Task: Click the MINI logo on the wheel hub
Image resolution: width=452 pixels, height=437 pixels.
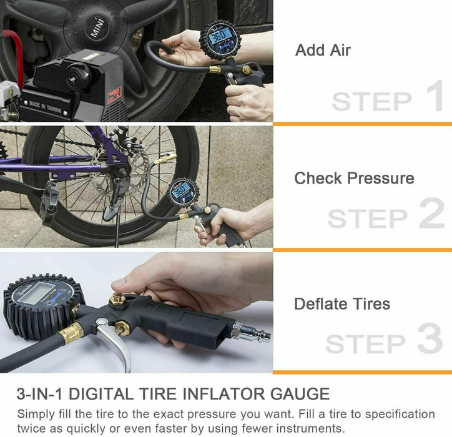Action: pos(97,29)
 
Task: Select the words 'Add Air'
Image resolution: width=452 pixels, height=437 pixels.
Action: pos(323,50)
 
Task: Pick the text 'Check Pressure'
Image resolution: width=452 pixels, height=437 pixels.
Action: pos(354,178)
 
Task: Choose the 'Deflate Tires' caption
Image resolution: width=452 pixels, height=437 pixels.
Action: pos(342,304)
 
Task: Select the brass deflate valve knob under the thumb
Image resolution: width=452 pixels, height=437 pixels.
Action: pos(118,301)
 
